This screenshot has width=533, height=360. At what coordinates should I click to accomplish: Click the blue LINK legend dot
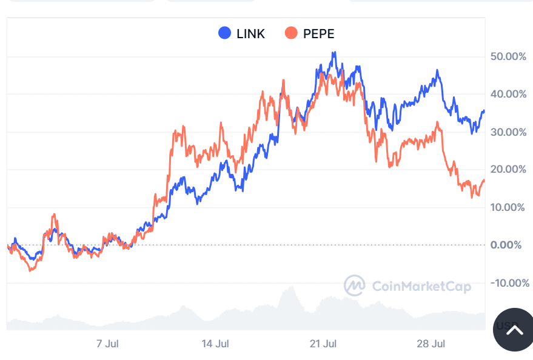point(225,33)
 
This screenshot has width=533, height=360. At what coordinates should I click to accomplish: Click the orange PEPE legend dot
point(291,33)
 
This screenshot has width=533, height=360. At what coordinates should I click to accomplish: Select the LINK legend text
point(250,34)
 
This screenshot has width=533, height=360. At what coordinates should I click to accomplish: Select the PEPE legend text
point(318,34)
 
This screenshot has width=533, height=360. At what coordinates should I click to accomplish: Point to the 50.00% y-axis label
point(508,56)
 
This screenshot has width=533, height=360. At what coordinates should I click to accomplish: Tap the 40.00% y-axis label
point(508,94)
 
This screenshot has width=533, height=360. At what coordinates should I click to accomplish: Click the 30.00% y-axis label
point(508,132)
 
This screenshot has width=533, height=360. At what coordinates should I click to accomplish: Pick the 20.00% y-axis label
point(508,169)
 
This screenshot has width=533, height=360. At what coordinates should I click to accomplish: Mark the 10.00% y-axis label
point(508,207)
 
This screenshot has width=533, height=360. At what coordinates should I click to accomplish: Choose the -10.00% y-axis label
point(506,283)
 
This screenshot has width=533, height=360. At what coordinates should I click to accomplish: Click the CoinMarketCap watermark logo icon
point(354,285)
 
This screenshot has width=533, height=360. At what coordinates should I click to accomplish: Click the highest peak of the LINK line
point(334,53)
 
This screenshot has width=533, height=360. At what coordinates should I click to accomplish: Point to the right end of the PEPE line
point(484,181)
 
